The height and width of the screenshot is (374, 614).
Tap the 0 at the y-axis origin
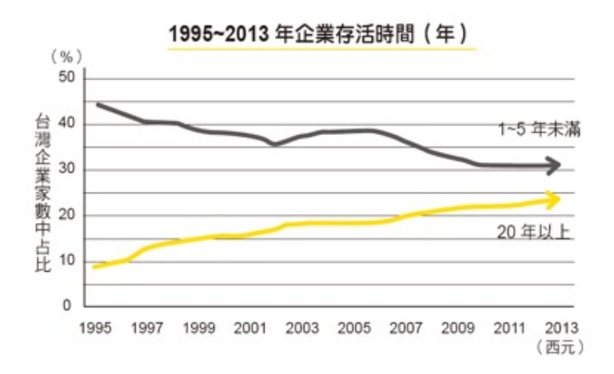pos(69,306)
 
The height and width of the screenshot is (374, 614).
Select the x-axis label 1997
pos(142,328)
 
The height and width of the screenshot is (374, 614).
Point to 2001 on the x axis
pos(251,328)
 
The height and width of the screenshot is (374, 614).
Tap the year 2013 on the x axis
pos(557,328)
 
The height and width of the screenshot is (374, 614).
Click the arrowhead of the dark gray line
pos(554,165)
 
